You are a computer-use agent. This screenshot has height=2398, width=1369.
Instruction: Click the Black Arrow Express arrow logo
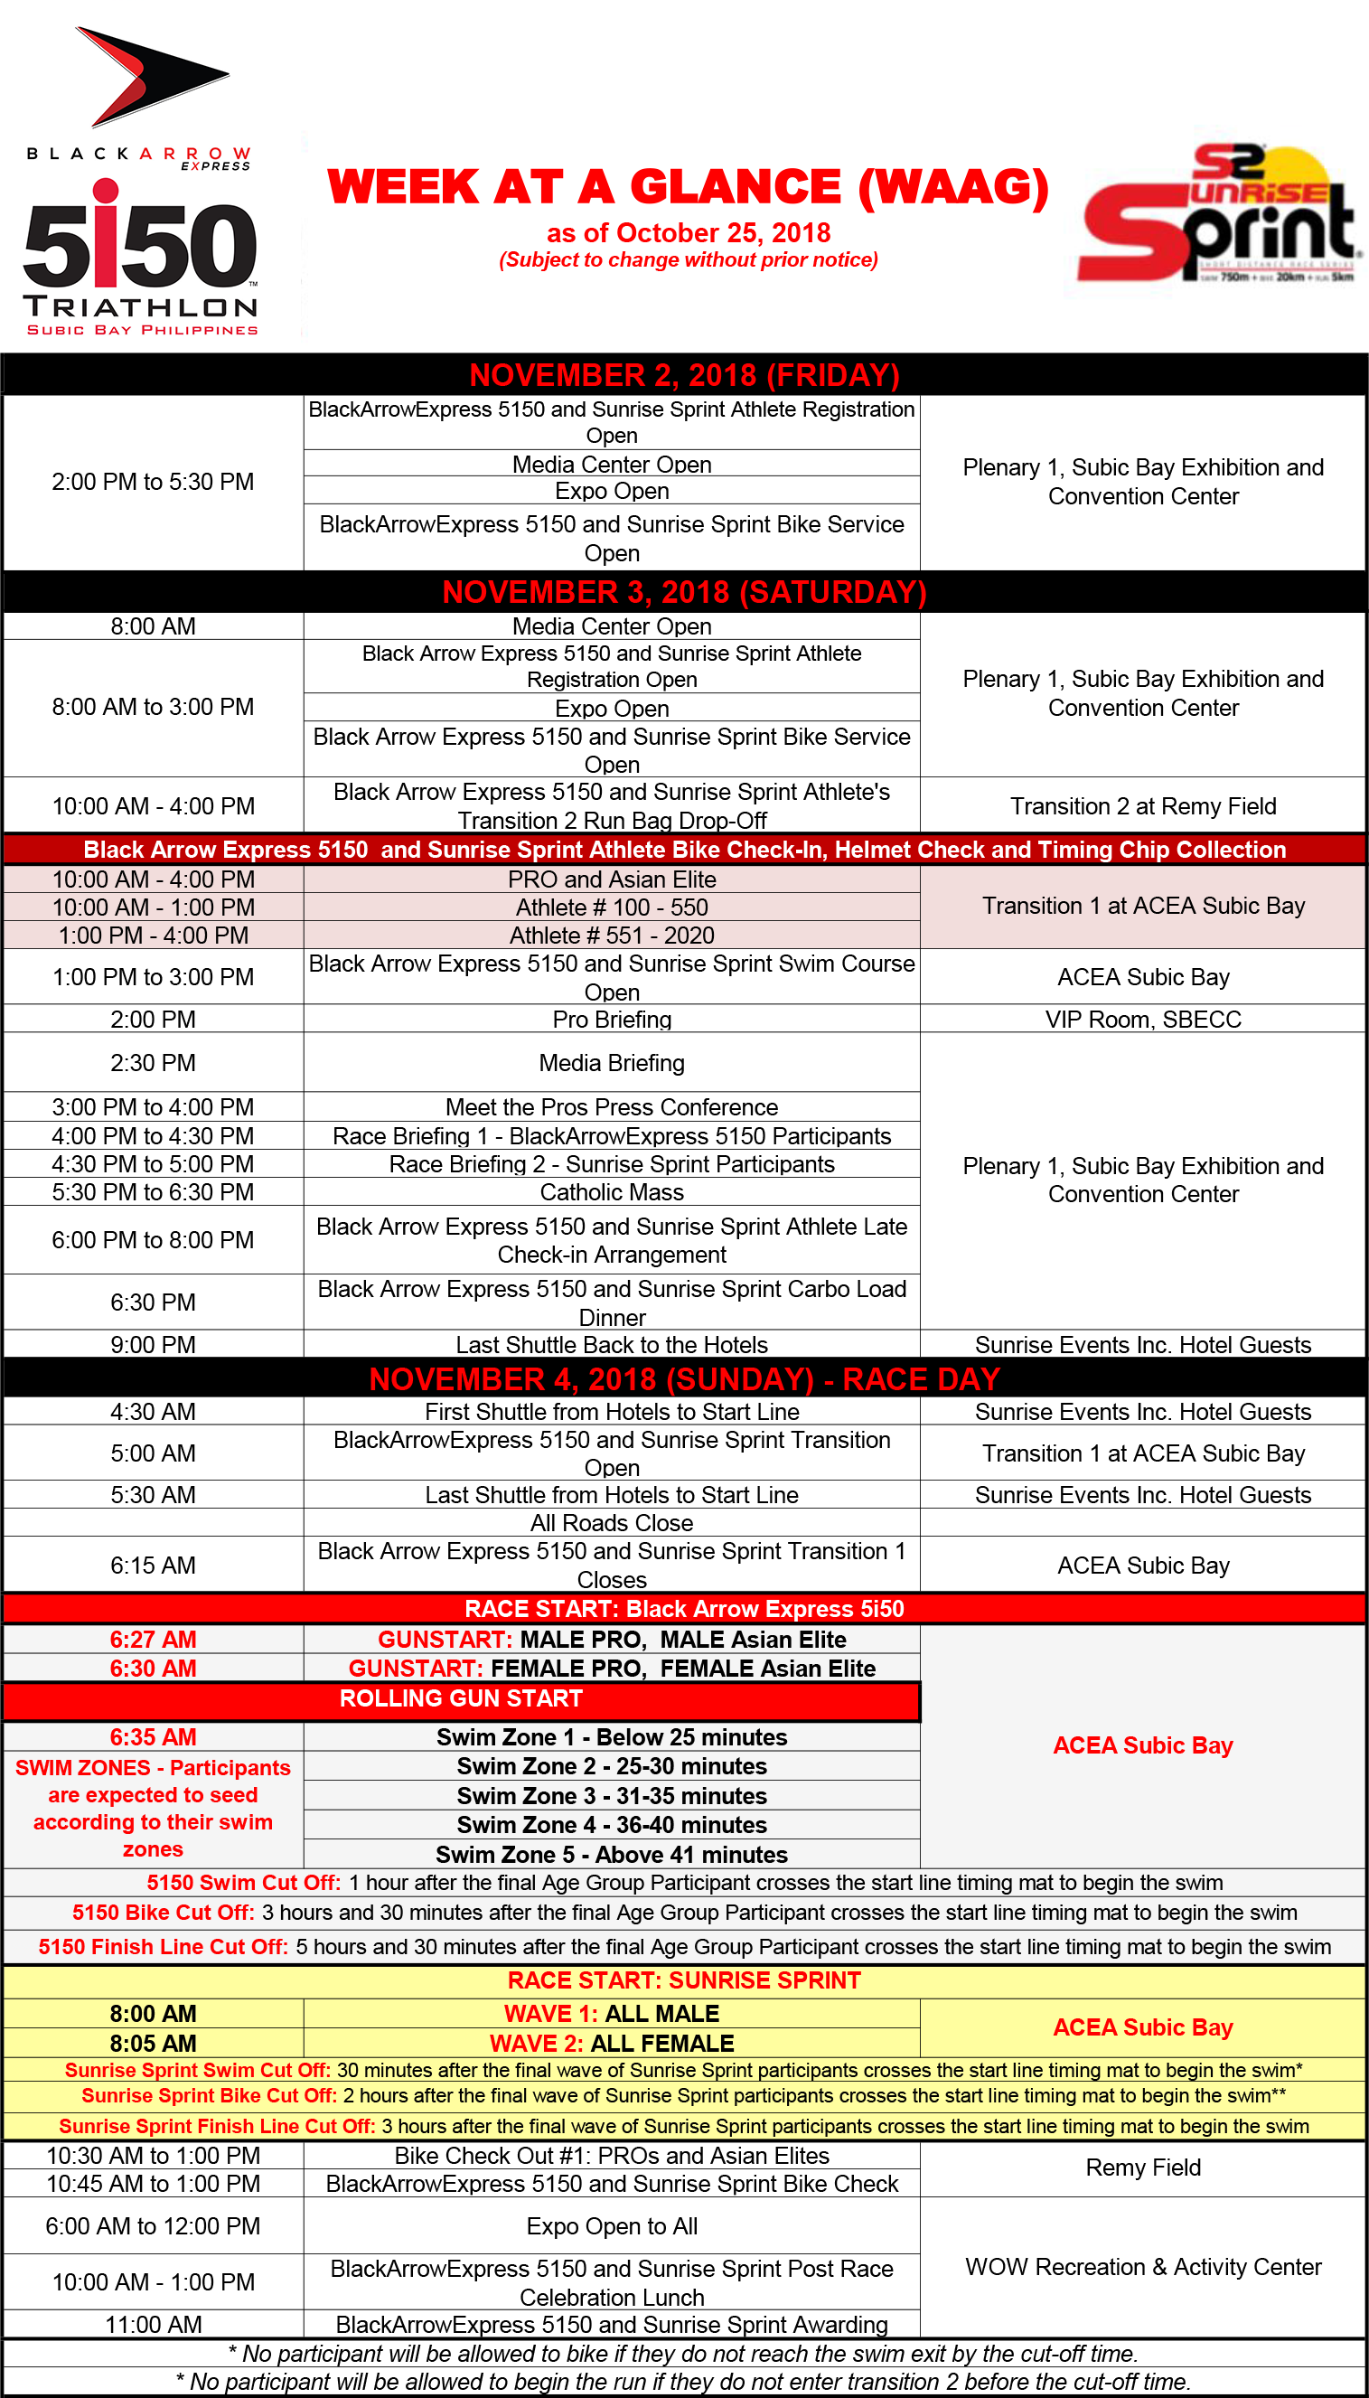click(x=150, y=77)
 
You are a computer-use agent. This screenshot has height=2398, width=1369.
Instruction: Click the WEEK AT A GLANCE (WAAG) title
click(x=688, y=186)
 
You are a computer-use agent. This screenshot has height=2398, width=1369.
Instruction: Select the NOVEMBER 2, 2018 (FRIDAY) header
click(x=685, y=375)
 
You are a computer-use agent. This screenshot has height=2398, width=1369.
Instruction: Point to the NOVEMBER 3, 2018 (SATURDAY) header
click(x=685, y=592)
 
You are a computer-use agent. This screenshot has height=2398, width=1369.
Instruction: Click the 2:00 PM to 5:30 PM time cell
click(x=154, y=483)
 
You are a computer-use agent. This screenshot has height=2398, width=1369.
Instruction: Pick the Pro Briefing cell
click(x=611, y=1020)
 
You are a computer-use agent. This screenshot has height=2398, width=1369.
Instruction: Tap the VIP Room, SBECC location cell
click(x=1142, y=1020)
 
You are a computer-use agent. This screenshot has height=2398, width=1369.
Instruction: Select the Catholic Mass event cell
click(x=611, y=1192)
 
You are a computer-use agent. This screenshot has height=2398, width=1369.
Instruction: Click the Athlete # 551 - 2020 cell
click(x=611, y=936)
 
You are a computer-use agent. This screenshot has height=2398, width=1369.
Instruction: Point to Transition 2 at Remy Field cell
click(x=1142, y=806)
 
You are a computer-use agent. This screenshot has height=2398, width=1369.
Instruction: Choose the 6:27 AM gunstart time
click(x=154, y=1640)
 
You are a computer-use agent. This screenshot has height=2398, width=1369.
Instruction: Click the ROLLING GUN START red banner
click(x=461, y=1699)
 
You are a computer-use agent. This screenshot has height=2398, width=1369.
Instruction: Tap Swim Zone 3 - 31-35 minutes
click(x=611, y=1796)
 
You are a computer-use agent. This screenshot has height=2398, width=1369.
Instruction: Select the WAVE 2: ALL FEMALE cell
click(x=611, y=2044)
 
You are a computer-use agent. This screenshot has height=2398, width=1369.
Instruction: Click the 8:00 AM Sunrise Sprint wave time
click(x=154, y=2013)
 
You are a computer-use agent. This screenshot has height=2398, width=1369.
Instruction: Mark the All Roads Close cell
click(x=611, y=1523)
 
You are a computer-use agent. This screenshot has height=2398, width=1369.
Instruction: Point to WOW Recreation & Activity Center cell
click(x=1142, y=2267)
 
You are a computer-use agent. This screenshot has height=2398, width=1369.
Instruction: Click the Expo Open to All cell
click(x=611, y=2226)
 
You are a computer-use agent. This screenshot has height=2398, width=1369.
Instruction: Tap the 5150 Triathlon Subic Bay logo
click(x=141, y=259)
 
